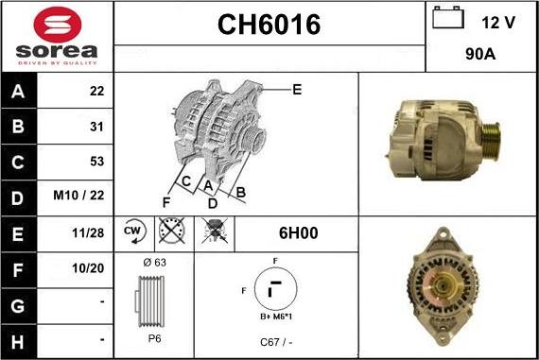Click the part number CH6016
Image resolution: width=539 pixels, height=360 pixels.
tap(269, 25)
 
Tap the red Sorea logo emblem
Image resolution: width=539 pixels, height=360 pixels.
tap(58, 25)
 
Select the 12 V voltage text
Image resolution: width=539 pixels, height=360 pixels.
tap(498, 23)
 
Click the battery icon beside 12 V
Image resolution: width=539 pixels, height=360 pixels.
tap(448, 17)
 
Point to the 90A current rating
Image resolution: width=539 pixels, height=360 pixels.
tap(480, 54)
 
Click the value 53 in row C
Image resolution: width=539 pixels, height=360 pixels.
tap(96, 162)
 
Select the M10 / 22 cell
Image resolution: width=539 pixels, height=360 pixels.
tap(78, 195)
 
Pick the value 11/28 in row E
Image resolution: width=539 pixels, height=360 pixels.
tap(88, 232)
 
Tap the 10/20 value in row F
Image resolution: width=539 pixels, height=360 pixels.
tap(88, 268)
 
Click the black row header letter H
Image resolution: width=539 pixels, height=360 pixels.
tap(18, 342)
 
